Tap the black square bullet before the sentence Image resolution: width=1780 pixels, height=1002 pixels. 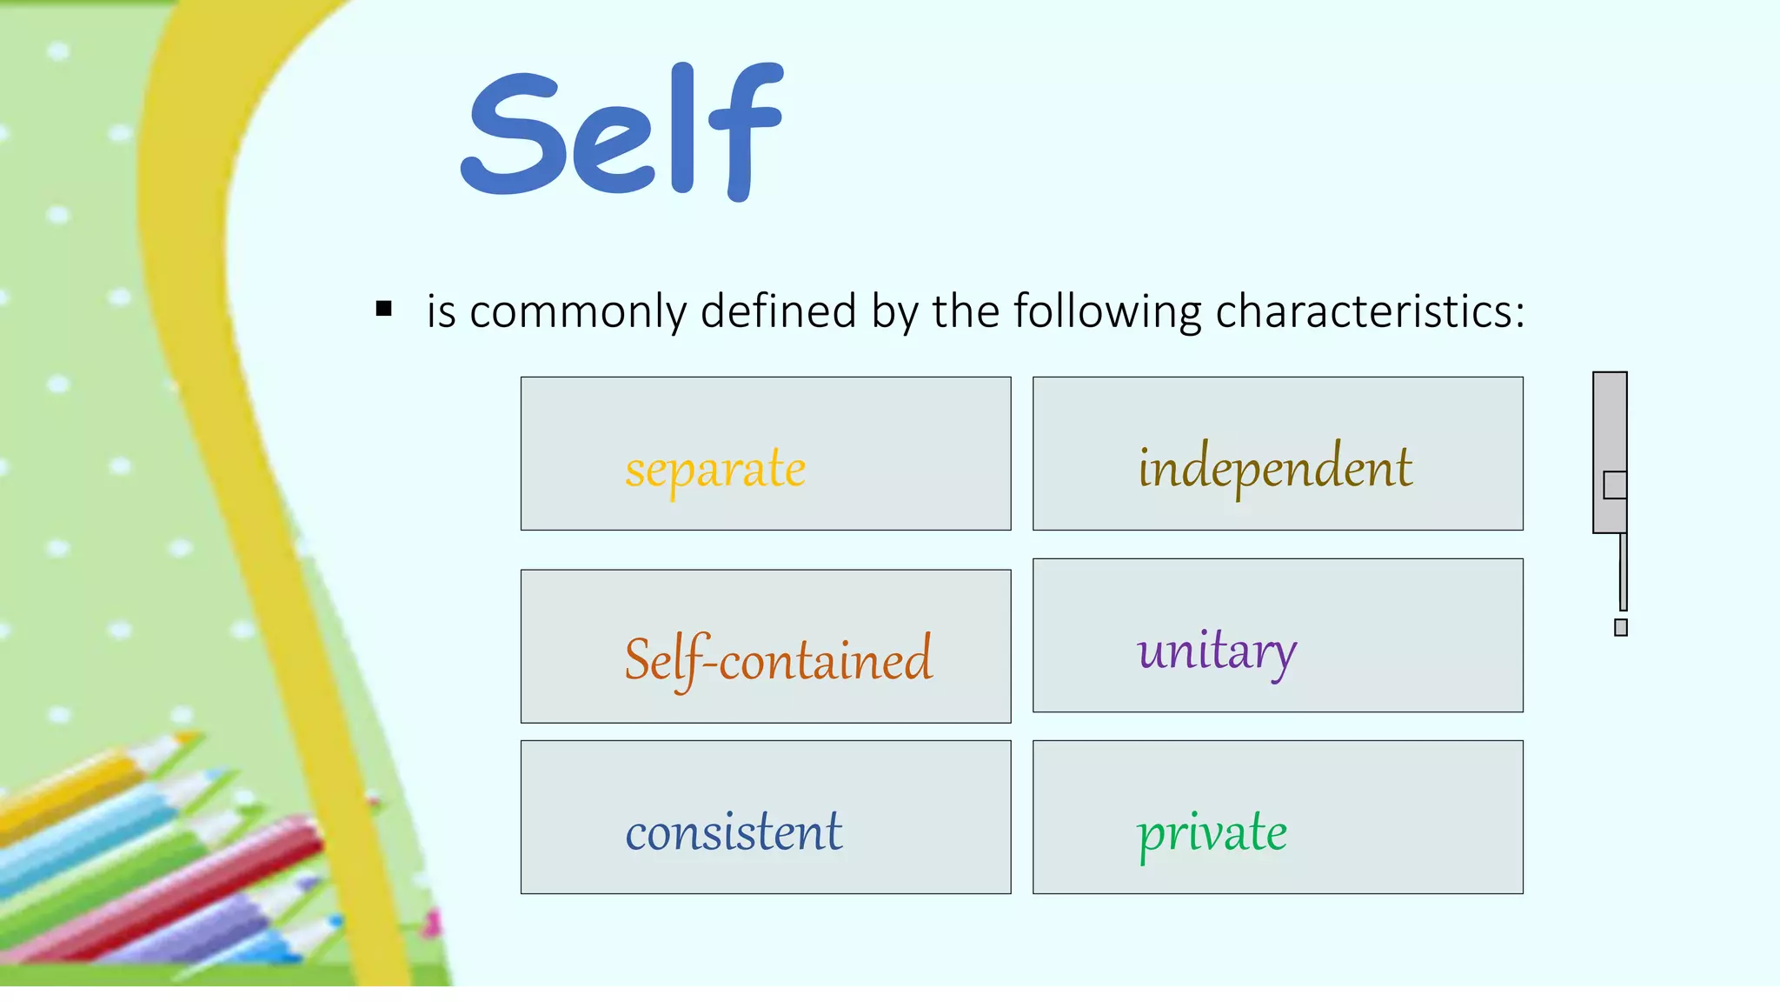click(384, 309)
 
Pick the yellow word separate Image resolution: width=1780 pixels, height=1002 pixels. click(715, 470)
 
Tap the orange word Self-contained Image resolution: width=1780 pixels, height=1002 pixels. click(778, 659)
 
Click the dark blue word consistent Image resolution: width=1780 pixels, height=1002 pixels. click(734, 832)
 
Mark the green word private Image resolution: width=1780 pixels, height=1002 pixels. click(1212, 832)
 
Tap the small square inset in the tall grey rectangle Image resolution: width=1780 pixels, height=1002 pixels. click(1615, 485)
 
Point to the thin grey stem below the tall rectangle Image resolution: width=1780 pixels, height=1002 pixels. click(1623, 571)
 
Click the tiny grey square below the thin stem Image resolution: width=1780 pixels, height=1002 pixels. click(1621, 627)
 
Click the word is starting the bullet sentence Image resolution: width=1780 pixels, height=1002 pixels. click(441, 311)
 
